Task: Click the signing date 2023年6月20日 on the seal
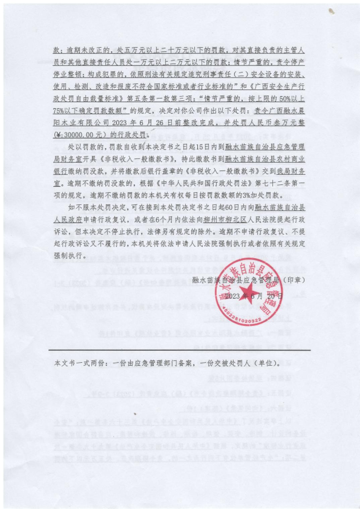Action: click(254, 296)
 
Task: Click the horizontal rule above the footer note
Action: click(180, 350)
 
